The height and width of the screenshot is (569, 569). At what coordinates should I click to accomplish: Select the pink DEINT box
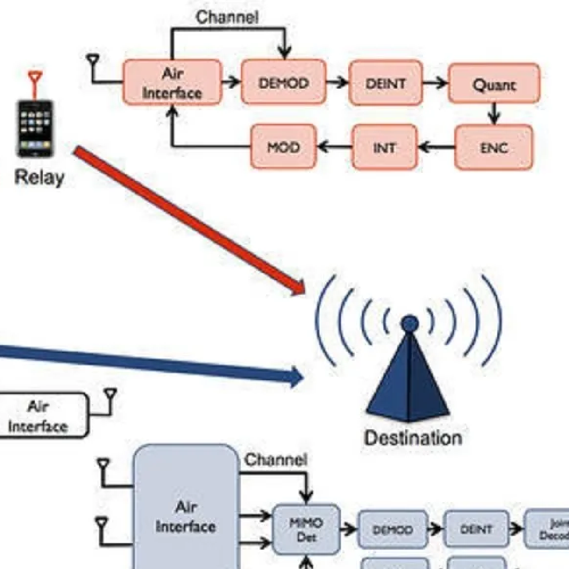pos(386,83)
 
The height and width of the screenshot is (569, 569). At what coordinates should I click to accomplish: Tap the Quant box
pos(494,84)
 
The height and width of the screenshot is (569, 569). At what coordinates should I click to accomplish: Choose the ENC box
pos(494,147)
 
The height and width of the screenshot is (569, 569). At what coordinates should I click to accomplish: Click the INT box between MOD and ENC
pos(385,147)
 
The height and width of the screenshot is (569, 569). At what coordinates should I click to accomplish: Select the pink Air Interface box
pos(172,83)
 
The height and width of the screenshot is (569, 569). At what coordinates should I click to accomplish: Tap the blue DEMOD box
pos(393,529)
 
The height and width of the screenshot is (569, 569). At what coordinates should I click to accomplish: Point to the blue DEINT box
pos(476,529)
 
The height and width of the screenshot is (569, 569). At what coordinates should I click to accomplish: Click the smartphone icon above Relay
pos(35,128)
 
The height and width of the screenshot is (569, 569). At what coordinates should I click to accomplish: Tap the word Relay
pos(39,178)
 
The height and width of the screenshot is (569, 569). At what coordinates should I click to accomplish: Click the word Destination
pos(413,437)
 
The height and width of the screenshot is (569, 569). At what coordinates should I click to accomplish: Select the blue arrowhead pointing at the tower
pos(295,375)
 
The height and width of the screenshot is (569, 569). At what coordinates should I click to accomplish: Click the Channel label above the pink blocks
pos(227,17)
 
